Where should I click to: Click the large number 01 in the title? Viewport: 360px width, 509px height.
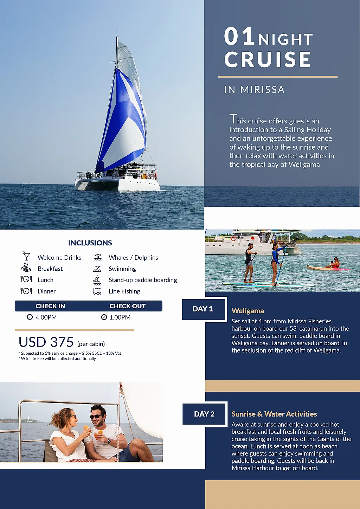(x=239, y=37)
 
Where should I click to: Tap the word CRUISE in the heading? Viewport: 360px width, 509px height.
(x=268, y=59)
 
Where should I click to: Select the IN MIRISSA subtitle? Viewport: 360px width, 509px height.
(x=254, y=90)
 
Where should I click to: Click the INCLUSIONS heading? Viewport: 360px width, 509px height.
(x=90, y=243)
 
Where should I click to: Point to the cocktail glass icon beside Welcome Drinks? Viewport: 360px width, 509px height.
(x=26, y=257)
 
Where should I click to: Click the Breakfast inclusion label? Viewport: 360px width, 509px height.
(x=50, y=269)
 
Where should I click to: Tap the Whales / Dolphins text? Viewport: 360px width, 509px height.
(x=133, y=258)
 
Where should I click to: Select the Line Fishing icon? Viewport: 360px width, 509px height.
(x=97, y=291)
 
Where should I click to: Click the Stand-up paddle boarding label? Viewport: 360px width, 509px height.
(x=143, y=280)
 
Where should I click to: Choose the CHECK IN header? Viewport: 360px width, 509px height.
(x=50, y=306)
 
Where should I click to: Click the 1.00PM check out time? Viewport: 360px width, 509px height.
(x=120, y=317)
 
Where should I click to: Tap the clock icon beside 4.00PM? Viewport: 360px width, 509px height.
(x=30, y=317)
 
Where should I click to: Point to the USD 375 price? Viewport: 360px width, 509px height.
(x=46, y=342)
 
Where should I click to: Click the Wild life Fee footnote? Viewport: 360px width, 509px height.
(x=58, y=359)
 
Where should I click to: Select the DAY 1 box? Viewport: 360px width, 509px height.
(x=203, y=309)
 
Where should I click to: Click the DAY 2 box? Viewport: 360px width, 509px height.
(x=204, y=414)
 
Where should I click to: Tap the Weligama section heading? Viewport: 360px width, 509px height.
(x=247, y=311)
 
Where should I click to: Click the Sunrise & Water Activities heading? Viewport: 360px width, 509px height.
(x=274, y=414)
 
